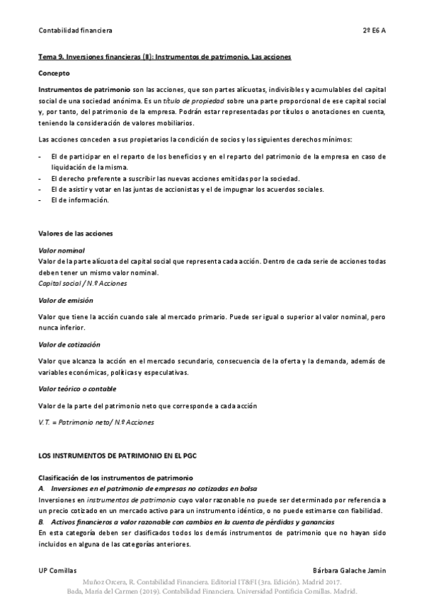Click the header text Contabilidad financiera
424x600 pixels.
[x=75, y=31]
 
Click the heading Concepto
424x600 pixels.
[x=54, y=73]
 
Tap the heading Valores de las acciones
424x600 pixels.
[x=76, y=233]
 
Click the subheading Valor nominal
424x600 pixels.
[x=62, y=250]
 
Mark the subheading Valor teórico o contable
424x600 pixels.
[x=77, y=388]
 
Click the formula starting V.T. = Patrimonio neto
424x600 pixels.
[x=96, y=422]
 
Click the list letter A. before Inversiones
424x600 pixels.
[x=42, y=490]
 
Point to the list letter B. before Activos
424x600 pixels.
[x=42, y=521]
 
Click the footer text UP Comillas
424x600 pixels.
[x=57, y=570]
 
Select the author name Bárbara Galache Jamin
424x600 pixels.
[x=349, y=570]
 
